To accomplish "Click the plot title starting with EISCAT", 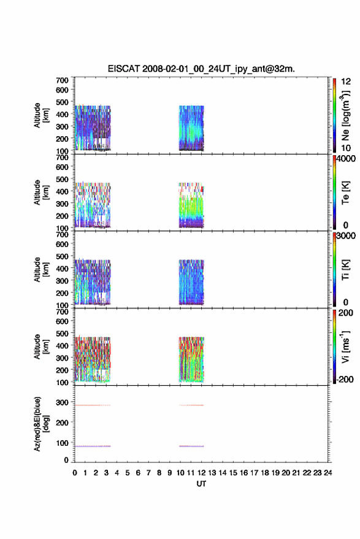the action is coord(201,69).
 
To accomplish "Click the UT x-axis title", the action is coord(201,484).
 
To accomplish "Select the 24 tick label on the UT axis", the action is coord(327,473).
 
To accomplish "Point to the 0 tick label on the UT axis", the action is coord(75,473).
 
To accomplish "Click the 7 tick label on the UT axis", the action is coord(148,473).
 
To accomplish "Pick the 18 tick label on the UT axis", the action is coord(264,473).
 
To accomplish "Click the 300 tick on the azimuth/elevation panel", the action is coord(62,402).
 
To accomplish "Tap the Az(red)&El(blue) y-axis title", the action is coord(41,424).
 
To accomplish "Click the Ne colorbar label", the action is coord(345,115).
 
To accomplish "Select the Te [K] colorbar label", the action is coord(345,193).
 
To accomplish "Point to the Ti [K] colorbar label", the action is coord(345,270).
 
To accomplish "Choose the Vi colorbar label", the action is coord(345,346).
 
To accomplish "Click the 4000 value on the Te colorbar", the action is coord(346,159).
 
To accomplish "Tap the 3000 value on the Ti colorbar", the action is coord(346,236).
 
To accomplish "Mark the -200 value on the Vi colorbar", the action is coord(345,379).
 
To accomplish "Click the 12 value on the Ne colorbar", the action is coord(346,82).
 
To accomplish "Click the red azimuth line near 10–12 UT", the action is coord(191,405).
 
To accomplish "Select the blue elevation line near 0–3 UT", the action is coord(93,446).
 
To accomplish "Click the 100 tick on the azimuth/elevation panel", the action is coord(62,443).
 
